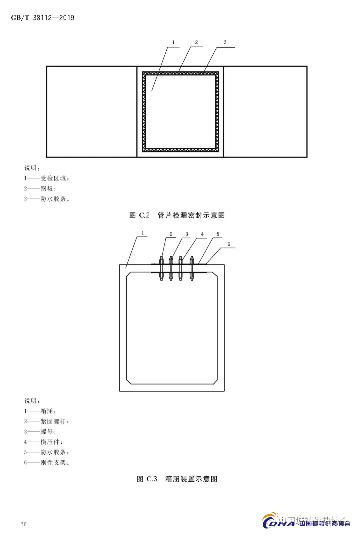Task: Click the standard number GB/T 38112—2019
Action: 42,18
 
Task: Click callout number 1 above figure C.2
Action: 173,42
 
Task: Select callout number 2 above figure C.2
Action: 196,42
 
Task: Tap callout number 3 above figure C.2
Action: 225,42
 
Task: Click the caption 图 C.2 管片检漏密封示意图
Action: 177,215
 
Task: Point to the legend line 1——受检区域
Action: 47,178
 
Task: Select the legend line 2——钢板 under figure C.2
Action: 40,189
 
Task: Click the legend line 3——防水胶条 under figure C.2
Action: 47,199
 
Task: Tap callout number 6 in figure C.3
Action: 229,244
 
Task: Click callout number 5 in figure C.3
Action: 218,234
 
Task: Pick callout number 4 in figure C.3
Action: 202,234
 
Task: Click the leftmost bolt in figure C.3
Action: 161,268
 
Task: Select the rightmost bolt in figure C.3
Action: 192,268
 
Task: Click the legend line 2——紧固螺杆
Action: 47,421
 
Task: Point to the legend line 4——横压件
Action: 43,442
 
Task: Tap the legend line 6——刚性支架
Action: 47,462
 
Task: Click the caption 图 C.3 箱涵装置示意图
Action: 177,479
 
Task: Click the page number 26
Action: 23,524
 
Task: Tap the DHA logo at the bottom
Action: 278,522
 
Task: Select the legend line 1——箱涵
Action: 40,411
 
